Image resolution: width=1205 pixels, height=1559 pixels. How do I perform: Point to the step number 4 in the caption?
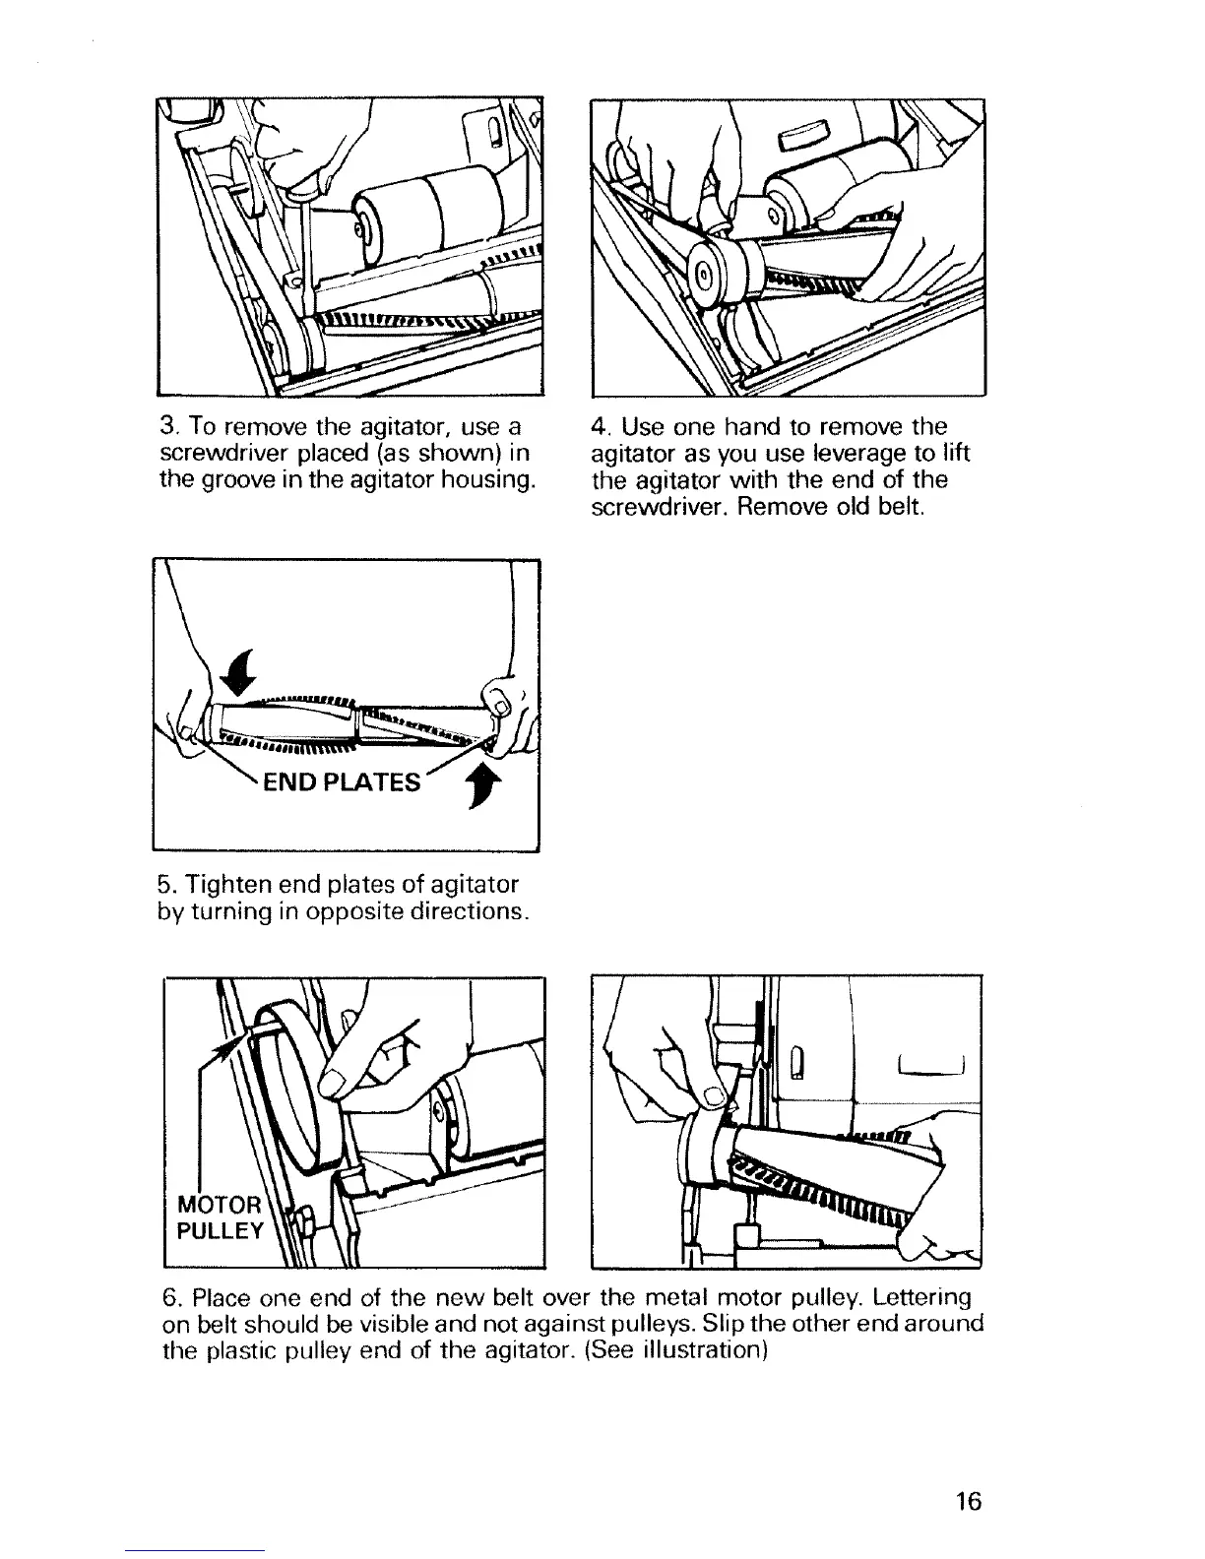pyautogui.click(x=597, y=428)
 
